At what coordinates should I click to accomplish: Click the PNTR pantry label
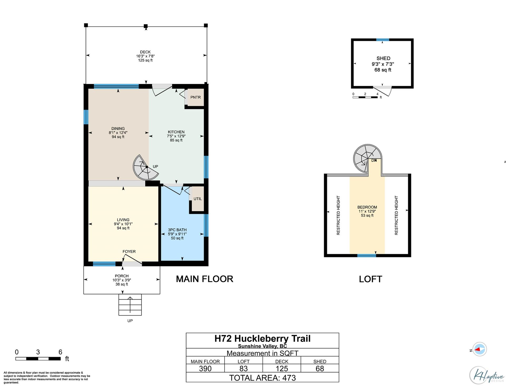(196, 97)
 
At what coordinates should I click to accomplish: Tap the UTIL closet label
(198, 199)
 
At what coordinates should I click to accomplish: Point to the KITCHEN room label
(176, 132)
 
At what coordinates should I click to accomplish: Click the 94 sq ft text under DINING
(118, 137)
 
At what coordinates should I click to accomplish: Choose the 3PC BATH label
(177, 230)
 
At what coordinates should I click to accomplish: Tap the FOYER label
(129, 252)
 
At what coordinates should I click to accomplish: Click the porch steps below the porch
(130, 305)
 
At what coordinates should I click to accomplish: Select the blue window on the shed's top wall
(383, 40)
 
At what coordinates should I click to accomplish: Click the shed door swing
(383, 90)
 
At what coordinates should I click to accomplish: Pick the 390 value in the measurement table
(205, 369)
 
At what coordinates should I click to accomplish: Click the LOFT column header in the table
(244, 361)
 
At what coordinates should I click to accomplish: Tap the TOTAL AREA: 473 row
(262, 378)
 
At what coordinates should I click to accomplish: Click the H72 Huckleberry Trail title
(262, 339)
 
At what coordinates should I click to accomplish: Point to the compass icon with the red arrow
(479, 349)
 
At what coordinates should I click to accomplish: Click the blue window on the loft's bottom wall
(367, 255)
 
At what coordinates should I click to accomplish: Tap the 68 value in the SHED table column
(320, 369)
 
